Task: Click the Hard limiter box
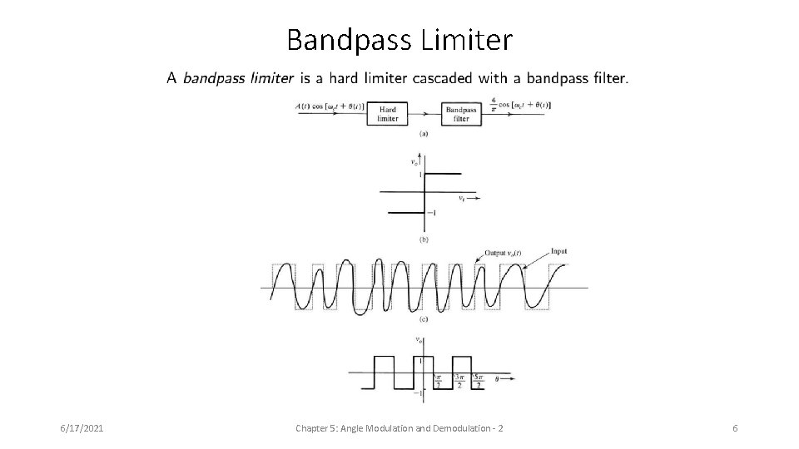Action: click(388, 114)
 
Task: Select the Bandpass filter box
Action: click(461, 114)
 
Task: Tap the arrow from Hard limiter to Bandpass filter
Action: click(424, 113)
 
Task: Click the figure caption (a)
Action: click(424, 133)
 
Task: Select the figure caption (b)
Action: click(424, 239)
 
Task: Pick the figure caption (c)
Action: click(424, 319)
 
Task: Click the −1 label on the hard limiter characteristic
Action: click(433, 213)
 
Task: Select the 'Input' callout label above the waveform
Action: click(559, 251)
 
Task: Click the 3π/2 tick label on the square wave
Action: click(459, 382)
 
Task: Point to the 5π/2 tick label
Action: click(480, 382)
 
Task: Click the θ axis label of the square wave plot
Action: click(497, 378)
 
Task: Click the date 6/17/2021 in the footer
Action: click(82, 427)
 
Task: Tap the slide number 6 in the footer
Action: click(735, 427)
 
